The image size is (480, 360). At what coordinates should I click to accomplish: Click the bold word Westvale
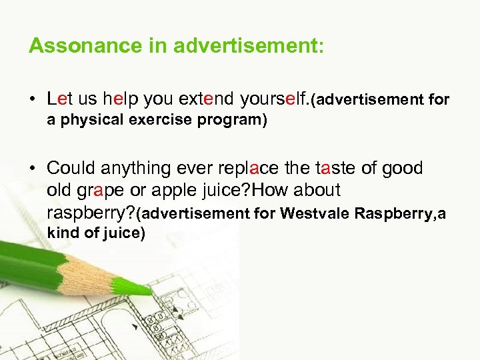pyautogui.click(x=315, y=214)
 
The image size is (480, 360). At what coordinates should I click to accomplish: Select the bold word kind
pyautogui.click(x=61, y=234)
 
